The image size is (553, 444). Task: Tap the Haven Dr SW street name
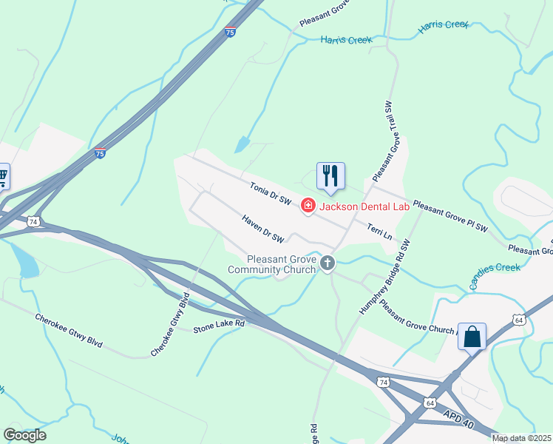[263, 229]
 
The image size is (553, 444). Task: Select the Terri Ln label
[379, 232]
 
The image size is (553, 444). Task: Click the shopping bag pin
[472, 337]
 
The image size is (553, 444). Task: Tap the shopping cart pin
[2, 176]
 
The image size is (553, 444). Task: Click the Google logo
[25, 435]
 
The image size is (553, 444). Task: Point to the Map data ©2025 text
[521, 438]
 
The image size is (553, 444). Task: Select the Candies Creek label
[495, 275]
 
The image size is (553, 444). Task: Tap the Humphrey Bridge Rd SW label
[384, 278]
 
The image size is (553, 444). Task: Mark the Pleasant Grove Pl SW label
[449, 215]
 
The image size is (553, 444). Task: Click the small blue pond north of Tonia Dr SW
[242, 144]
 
